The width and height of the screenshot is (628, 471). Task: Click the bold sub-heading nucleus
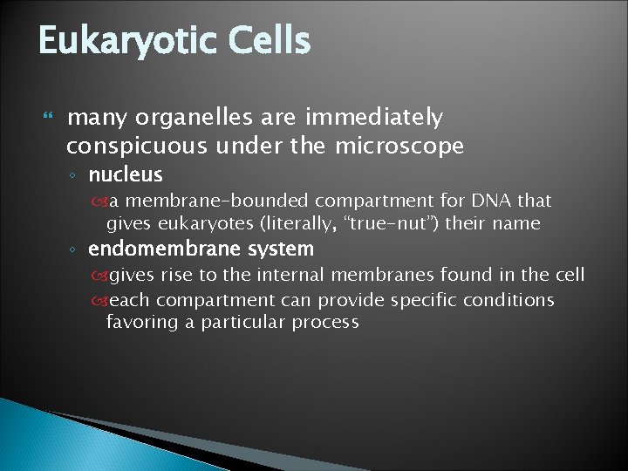click(x=126, y=174)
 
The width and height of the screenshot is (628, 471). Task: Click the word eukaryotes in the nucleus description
click(x=201, y=223)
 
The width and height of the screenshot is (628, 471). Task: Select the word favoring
click(x=140, y=322)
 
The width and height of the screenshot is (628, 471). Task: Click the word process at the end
click(x=326, y=323)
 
